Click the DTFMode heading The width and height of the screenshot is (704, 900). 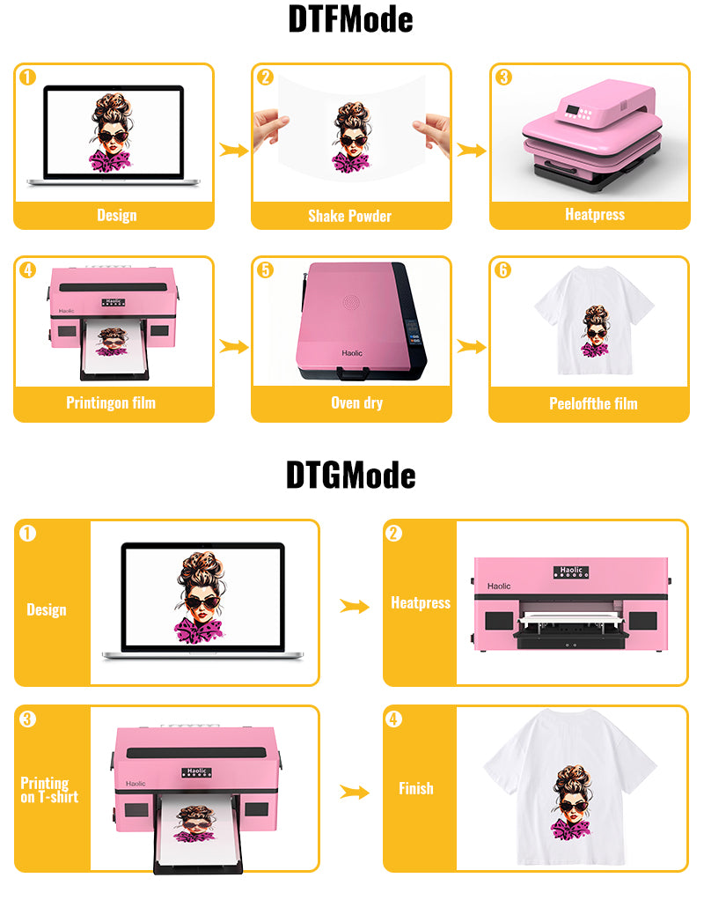pyautogui.click(x=350, y=19)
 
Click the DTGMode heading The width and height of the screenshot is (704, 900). pyautogui.click(x=350, y=476)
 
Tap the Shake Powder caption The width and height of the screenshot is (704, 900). pyautogui.click(x=349, y=216)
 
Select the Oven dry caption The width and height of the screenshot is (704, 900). pyautogui.click(x=357, y=403)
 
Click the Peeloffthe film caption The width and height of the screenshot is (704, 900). pyautogui.click(x=593, y=403)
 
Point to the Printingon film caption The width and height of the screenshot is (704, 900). pyautogui.click(x=111, y=403)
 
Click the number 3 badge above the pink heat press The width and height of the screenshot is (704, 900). pyautogui.click(x=503, y=77)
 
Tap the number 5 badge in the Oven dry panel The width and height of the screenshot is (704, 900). pyautogui.click(x=265, y=269)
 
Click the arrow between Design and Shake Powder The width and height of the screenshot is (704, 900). pyautogui.click(x=233, y=151)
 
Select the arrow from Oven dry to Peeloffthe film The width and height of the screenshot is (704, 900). pyautogui.click(x=472, y=346)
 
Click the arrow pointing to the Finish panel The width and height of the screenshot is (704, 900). pyautogui.click(x=355, y=792)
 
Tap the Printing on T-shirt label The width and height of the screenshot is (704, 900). pyautogui.click(x=49, y=790)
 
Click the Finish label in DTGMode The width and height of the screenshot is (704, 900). pyautogui.click(x=416, y=788)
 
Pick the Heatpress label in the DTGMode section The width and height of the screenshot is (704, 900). pyautogui.click(x=421, y=602)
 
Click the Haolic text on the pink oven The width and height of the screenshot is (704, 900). pyautogui.click(x=352, y=353)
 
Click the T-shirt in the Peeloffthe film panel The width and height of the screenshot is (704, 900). pyautogui.click(x=594, y=321)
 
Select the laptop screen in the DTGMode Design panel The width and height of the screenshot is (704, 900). pyautogui.click(x=202, y=597)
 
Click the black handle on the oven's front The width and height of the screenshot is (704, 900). pyautogui.click(x=353, y=374)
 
